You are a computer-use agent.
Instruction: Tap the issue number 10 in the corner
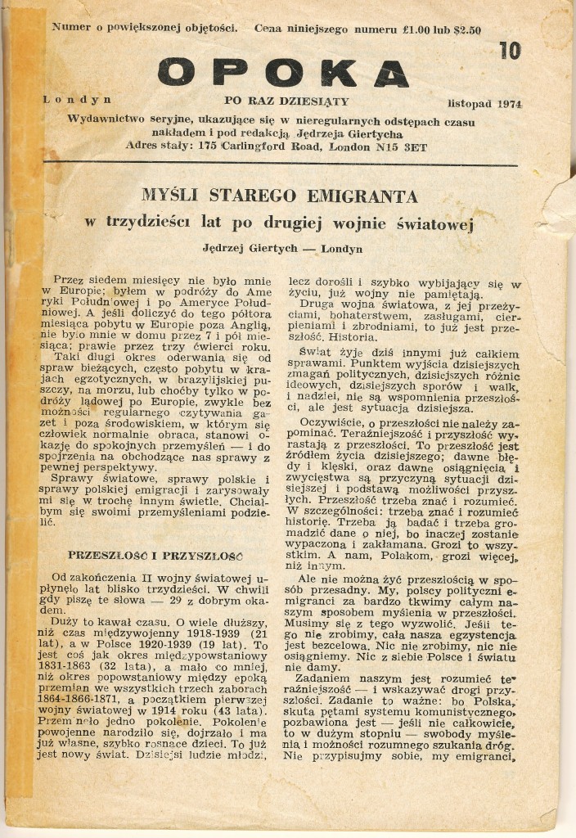click(509, 51)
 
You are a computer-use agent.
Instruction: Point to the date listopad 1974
click(484, 105)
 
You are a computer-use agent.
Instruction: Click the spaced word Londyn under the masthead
click(78, 100)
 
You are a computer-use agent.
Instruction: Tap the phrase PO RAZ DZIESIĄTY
click(286, 101)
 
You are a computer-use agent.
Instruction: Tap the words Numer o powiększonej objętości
click(145, 27)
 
